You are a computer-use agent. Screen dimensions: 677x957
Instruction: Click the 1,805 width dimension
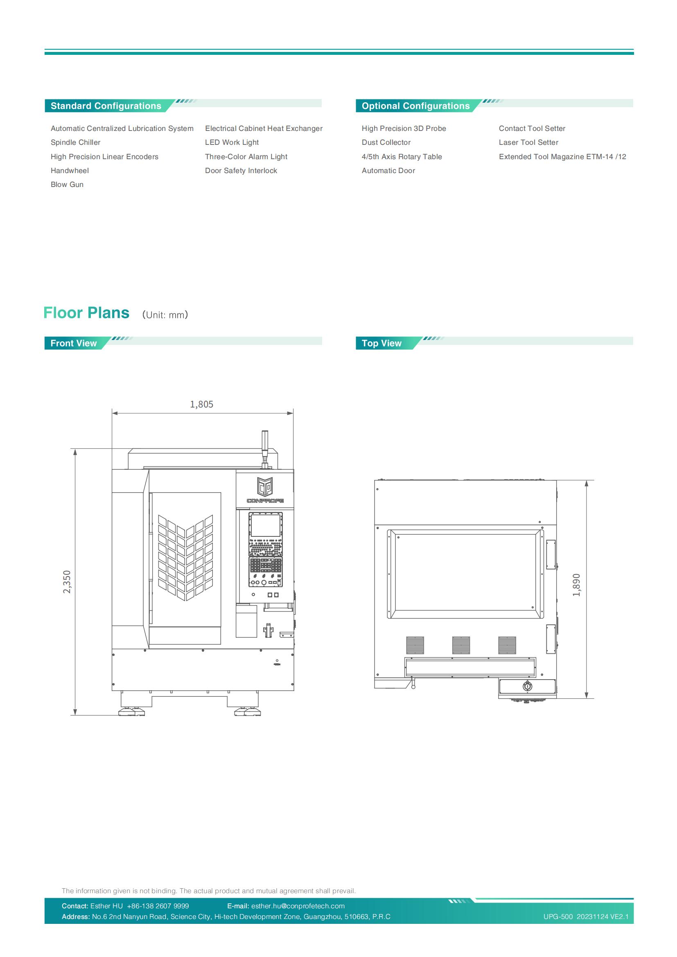coord(202,404)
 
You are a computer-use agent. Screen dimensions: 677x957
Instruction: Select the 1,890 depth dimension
coord(577,585)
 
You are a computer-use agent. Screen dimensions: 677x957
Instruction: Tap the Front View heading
coord(73,343)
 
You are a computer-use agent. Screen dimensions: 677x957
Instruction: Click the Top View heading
coord(381,343)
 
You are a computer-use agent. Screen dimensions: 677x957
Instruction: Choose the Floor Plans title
coord(86,313)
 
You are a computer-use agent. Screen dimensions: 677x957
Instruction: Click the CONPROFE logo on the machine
coord(265,490)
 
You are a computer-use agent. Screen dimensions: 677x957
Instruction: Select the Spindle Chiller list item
coord(75,142)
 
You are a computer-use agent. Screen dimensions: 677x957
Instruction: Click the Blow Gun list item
coord(67,185)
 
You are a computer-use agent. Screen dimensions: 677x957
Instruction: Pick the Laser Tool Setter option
coord(528,142)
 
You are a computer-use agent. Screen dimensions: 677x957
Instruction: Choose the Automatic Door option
coord(388,171)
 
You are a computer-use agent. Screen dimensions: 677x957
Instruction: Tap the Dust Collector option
coord(386,142)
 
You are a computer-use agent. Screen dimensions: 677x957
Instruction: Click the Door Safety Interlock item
coord(241,171)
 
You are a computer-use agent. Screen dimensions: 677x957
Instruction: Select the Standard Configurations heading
coord(106,106)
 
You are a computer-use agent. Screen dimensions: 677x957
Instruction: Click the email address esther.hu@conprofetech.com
coord(298,906)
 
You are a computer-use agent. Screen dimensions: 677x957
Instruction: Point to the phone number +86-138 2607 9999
coord(158,906)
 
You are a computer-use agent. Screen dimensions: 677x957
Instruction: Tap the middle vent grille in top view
coord(460,645)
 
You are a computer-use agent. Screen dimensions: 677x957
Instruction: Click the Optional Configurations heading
coord(415,106)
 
